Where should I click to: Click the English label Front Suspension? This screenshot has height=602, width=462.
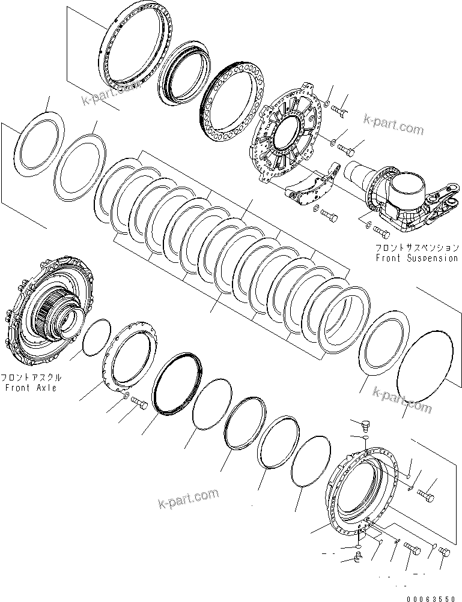pyautogui.click(x=416, y=258)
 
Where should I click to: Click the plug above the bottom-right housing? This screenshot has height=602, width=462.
pyautogui.click(x=363, y=427)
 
